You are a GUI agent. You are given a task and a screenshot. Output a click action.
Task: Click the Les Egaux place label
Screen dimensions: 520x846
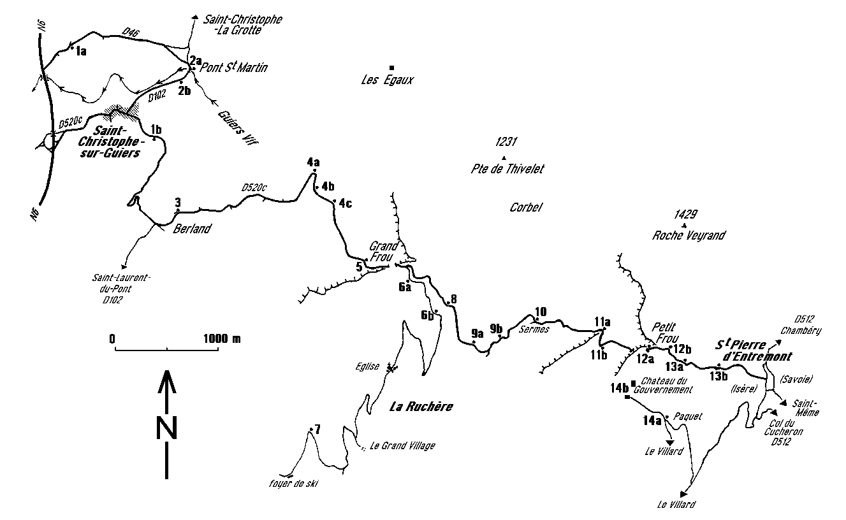(x=388, y=80)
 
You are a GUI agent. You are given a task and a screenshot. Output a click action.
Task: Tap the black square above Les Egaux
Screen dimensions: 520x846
(x=391, y=67)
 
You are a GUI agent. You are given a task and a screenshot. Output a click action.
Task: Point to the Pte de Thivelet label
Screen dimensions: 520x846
(x=507, y=169)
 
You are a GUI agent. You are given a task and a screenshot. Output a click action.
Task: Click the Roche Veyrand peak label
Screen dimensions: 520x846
(x=689, y=235)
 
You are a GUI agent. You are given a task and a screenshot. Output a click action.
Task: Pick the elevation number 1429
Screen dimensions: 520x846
(x=684, y=215)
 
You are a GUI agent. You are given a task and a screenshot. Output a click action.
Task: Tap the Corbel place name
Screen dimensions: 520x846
(x=526, y=207)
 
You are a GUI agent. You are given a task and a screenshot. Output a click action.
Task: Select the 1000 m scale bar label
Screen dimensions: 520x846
(x=222, y=338)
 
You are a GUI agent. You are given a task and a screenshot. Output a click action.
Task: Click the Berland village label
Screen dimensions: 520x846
(x=192, y=229)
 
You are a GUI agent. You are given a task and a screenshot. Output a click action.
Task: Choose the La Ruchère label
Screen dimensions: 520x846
(x=421, y=407)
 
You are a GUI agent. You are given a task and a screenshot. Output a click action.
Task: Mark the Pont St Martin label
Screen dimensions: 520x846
(x=234, y=68)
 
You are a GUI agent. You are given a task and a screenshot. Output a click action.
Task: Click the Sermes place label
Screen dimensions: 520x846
(x=534, y=329)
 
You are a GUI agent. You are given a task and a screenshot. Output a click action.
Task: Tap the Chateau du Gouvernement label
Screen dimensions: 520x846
(x=667, y=386)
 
